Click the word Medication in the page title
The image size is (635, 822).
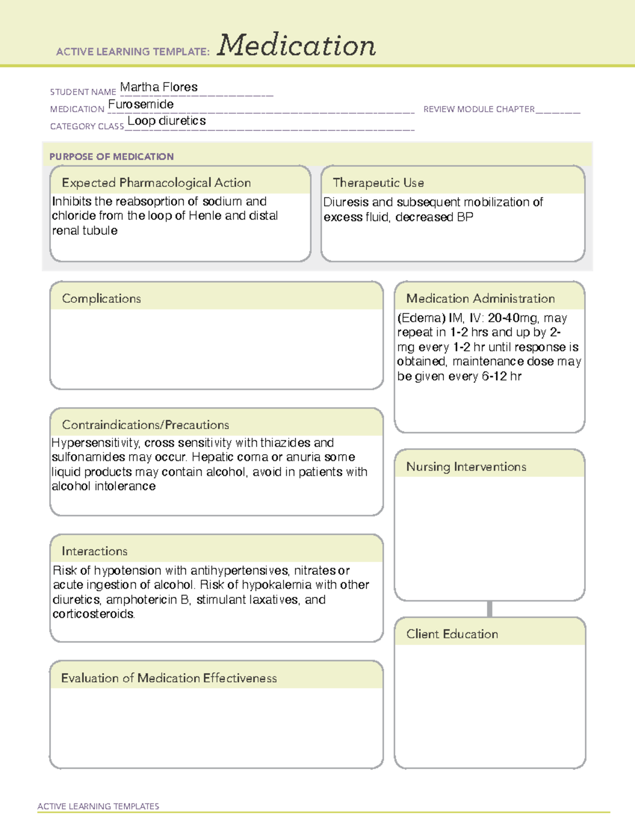point(296,46)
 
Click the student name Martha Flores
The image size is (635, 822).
point(159,87)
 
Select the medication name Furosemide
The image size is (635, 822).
point(141,104)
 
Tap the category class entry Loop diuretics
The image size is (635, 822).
point(167,121)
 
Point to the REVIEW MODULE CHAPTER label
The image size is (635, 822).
point(479,109)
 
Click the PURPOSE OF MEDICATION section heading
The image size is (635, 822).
point(112,157)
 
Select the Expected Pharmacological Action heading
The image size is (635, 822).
point(156,183)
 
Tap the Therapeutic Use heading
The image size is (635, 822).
point(378,183)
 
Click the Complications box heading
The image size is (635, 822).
point(102,299)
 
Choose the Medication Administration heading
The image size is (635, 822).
point(480,299)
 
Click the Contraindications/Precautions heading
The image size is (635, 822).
point(146,424)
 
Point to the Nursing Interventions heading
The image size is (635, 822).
point(466,466)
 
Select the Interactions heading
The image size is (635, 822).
point(95,551)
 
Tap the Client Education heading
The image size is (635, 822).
point(452,634)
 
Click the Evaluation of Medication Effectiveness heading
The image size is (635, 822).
point(169,678)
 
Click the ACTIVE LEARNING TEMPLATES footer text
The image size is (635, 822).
point(98,806)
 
